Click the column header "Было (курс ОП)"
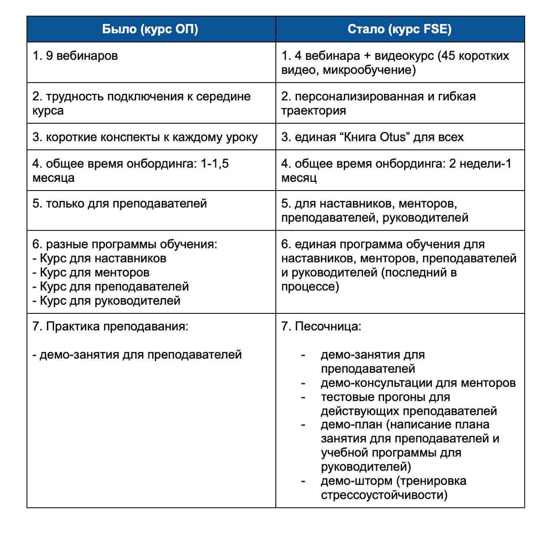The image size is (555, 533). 150,29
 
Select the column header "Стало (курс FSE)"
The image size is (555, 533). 399,29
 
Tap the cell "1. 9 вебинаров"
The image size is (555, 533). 75,56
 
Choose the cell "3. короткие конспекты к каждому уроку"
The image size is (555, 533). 145,137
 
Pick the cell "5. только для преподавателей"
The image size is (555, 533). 120,204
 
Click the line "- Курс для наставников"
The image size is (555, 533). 99,258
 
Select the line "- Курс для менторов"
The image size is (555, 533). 91,273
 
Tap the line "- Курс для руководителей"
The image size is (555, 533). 106,300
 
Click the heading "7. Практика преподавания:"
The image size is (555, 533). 111,326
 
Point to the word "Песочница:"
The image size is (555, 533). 328,326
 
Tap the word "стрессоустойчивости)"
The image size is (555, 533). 384,495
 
